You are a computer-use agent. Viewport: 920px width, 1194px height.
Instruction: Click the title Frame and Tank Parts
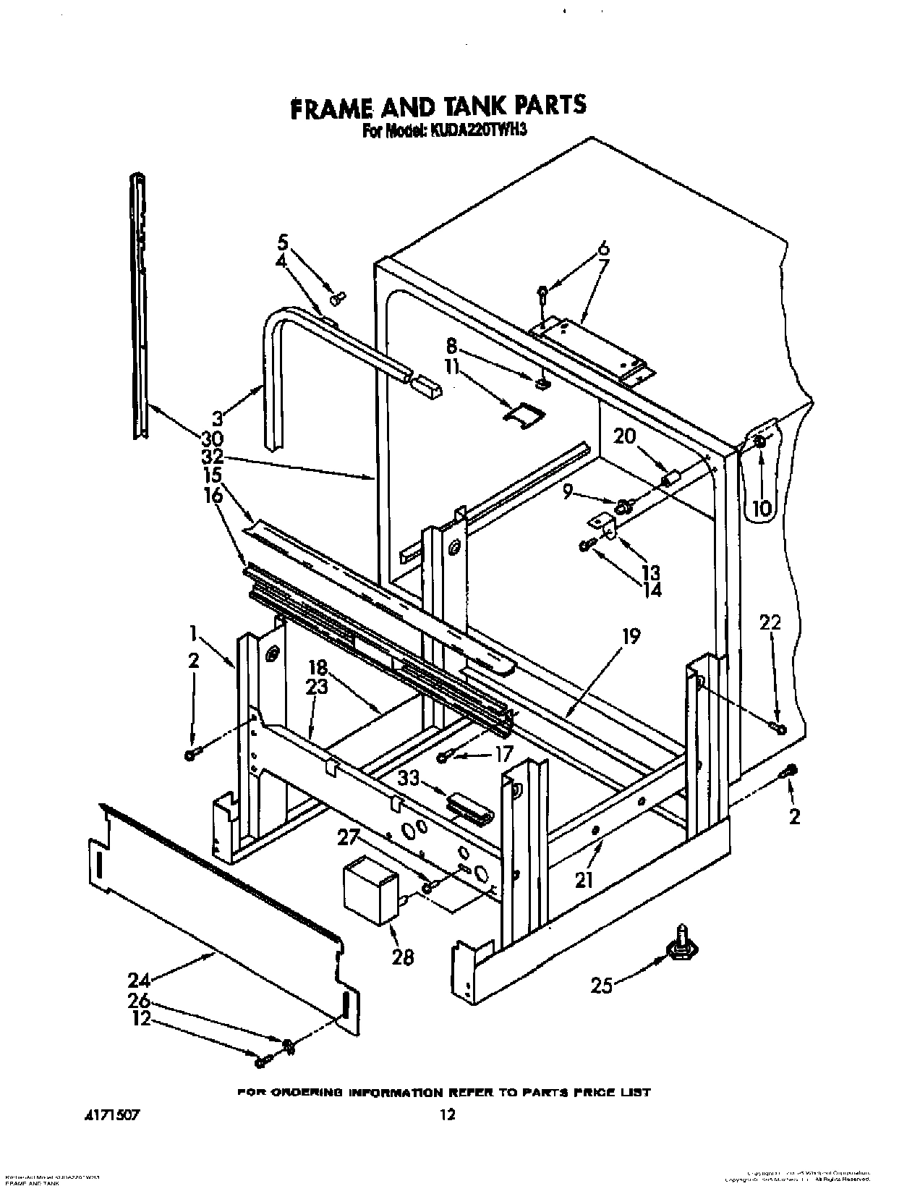tap(438, 106)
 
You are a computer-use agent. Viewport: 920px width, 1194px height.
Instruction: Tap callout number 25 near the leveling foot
tap(602, 985)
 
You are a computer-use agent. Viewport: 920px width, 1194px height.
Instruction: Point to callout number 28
tap(402, 957)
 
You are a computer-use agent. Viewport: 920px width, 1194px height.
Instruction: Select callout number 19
tap(631, 637)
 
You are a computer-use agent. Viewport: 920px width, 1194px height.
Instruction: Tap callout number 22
tap(771, 621)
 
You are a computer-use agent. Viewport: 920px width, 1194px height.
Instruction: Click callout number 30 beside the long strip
tap(213, 439)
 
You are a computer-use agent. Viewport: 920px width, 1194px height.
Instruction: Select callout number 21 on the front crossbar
tap(584, 879)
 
